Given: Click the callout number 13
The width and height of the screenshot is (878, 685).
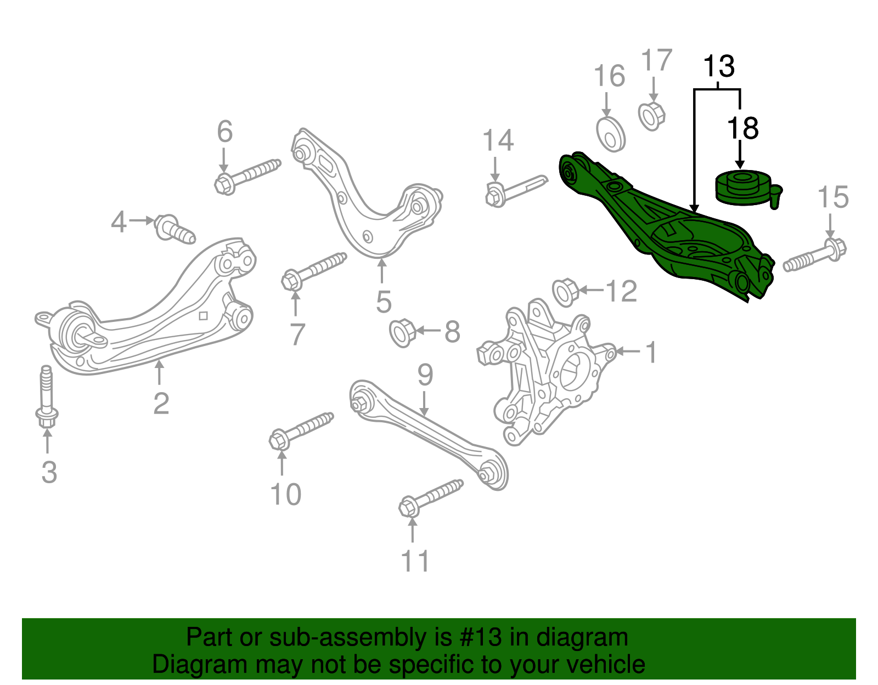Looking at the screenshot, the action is pos(719,67).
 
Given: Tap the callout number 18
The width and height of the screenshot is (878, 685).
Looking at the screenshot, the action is pos(742,128).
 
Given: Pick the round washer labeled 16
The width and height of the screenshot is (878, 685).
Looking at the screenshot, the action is pos(610,134).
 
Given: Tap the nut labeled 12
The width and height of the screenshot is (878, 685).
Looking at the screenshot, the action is pos(565,292).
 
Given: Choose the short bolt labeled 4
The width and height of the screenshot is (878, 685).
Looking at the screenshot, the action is pos(174,228).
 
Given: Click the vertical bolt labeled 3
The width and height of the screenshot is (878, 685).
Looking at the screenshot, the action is pos(47,398).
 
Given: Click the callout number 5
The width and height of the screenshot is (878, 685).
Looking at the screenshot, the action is pos(384,302).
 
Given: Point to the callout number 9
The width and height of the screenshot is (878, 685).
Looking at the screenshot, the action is pos(425,375).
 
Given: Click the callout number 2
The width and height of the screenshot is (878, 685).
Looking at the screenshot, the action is pos(161,404).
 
